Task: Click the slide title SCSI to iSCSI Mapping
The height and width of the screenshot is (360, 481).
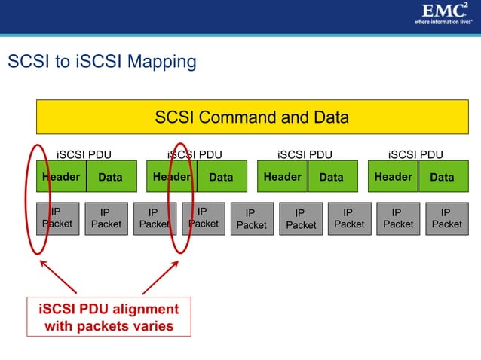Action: pos(102,62)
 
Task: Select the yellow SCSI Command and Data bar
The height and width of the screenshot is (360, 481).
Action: pos(252,117)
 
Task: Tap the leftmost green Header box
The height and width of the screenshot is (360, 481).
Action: pos(61,177)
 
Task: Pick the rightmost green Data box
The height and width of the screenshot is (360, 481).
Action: pos(442,177)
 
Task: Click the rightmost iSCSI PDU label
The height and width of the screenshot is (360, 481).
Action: pos(415,154)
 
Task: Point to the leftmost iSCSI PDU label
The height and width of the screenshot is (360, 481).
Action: pos(84,154)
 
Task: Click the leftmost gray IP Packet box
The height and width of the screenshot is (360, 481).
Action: pos(57,218)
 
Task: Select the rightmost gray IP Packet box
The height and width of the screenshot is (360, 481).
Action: pos(446,218)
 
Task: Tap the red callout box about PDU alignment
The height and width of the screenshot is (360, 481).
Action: pos(109,317)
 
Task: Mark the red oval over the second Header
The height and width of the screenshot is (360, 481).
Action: pos(182,197)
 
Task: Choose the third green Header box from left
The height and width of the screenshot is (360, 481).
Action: pos(282,177)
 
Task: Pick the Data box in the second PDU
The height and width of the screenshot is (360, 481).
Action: pos(221,177)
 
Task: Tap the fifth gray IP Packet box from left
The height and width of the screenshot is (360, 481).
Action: pos(251,218)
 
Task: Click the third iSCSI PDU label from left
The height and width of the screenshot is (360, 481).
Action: pos(305,154)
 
